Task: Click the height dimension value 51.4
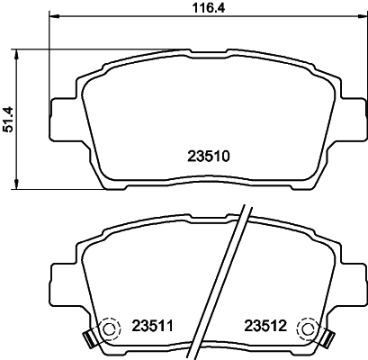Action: click(x=9, y=118)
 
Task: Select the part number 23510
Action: click(x=207, y=156)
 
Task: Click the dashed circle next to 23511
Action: click(x=109, y=329)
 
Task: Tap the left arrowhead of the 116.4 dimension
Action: click(x=52, y=17)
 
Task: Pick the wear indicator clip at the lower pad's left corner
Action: click(x=88, y=338)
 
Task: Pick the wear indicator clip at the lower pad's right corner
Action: click(x=326, y=338)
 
